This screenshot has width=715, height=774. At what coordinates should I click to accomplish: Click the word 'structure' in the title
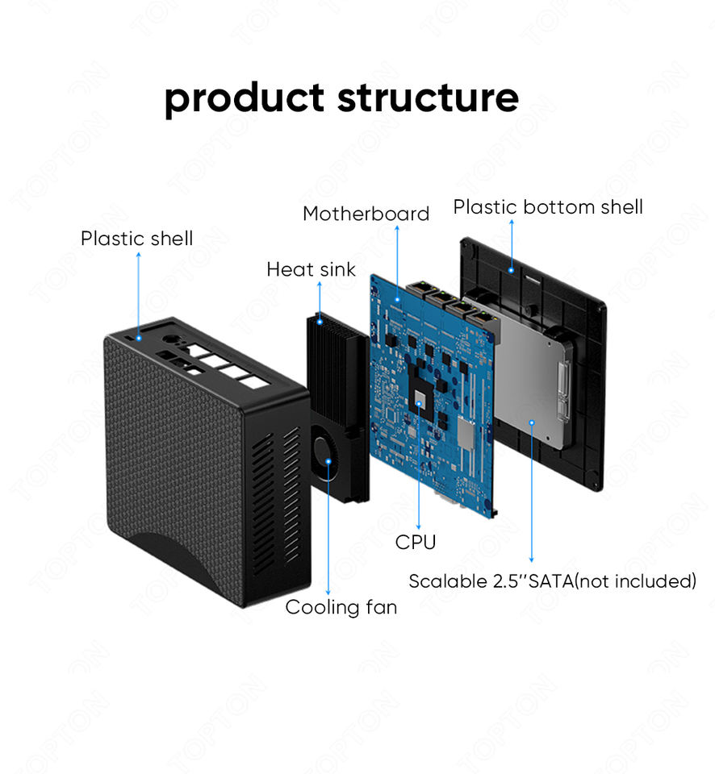click(x=428, y=97)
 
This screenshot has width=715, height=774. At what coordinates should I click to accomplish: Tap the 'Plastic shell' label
click(x=136, y=239)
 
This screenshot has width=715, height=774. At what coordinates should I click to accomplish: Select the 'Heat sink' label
click(x=311, y=269)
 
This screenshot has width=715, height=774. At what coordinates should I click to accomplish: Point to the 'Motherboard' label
click(x=366, y=214)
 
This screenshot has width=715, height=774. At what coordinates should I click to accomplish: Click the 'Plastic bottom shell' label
click(x=548, y=207)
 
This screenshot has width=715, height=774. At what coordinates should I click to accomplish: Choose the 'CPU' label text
click(x=416, y=543)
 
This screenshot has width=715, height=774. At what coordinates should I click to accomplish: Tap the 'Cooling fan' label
click(x=341, y=607)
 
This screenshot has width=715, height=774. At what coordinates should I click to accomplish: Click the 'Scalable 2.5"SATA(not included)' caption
click(x=552, y=581)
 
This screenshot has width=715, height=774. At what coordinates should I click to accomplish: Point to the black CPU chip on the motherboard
click(x=421, y=395)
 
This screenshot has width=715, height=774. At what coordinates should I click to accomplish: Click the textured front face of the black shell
click(x=174, y=451)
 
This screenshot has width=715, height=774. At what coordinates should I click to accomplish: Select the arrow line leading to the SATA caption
click(x=531, y=492)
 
